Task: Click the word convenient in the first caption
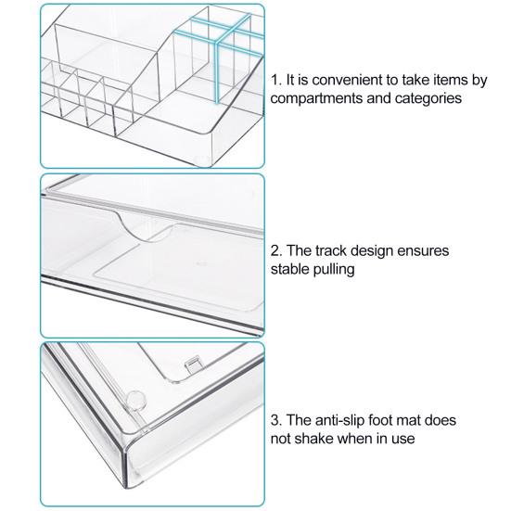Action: [x=347, y=80]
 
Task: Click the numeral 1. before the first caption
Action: [x=276, y=80]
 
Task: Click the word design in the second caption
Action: [x=371, y=251]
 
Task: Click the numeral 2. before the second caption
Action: [x=276, y=251]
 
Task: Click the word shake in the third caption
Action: [x=313, y=439]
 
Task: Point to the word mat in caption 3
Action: [x=409, y=420]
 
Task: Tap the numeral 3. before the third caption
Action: [x=276, y=420]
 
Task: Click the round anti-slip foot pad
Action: [x=135, y=400]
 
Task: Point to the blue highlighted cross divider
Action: [x=217, y=45]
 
